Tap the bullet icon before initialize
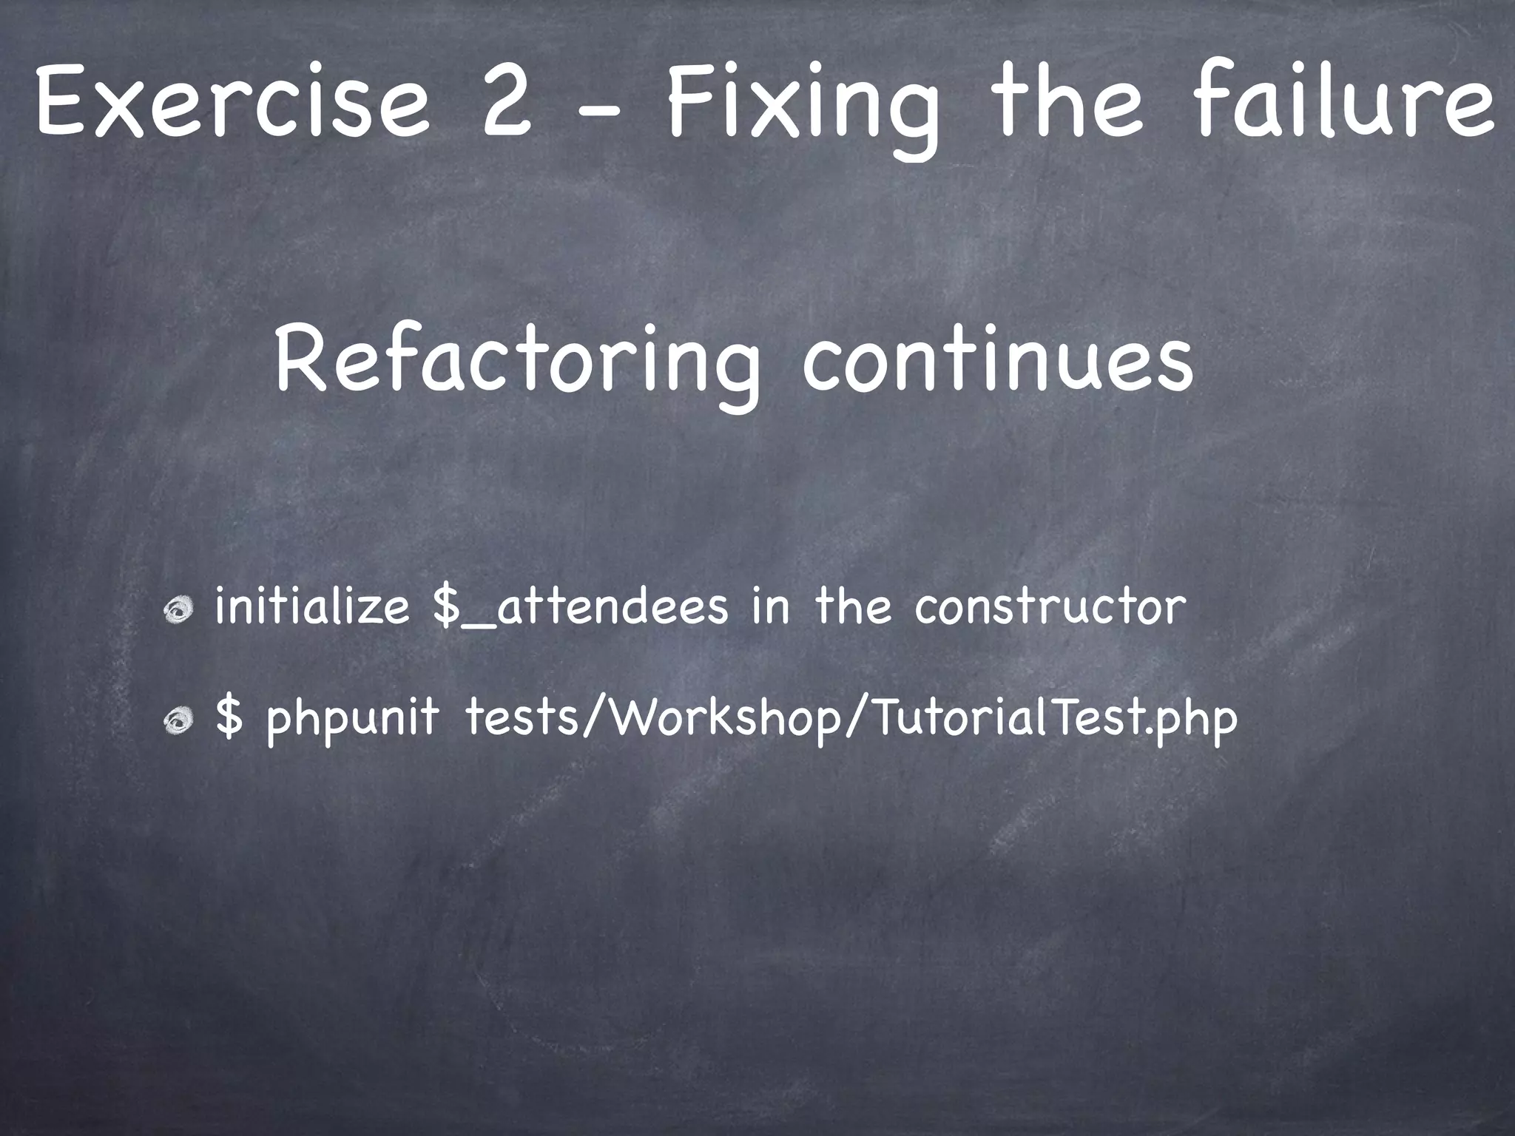pos(179,611)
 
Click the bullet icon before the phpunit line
pos(179,720)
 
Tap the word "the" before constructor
pos(854,606)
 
